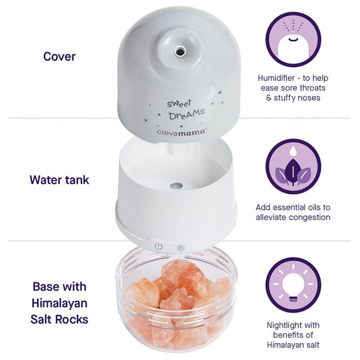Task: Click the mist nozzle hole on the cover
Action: pyautogui.click(x=179, y=51)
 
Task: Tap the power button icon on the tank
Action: pyautogui.click(x=159, y=247)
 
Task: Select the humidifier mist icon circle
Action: pyautogui.click(x=293, y=38)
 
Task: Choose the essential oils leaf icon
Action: pyautogui.click(x=293, y=166)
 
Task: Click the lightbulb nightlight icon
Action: pyautogui.click(x=293, y=285)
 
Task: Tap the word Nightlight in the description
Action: pyautogui.click(x=280, y=325)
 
